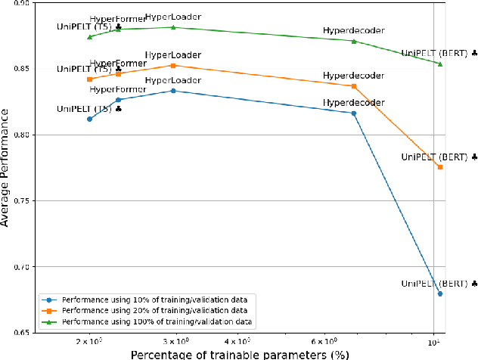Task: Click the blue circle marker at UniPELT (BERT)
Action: point(440,294)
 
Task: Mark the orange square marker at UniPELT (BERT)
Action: point(440,166)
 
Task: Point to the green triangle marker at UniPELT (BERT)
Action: point(440,64)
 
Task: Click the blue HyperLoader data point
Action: point(173,91)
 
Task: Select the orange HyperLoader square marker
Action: point(173,66)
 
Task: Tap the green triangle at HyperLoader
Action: point(173,27)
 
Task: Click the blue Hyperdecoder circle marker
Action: point(354,113)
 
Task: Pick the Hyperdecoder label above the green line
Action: point(354,31)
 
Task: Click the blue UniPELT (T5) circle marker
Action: point(89,119)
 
